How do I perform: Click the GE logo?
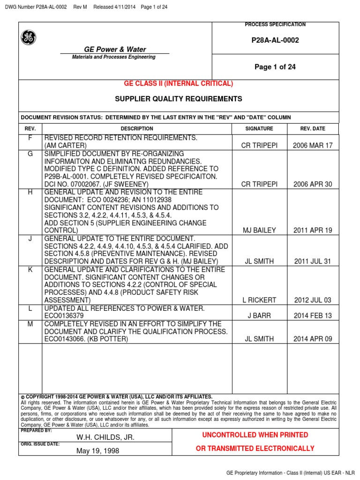(x=29, y=37)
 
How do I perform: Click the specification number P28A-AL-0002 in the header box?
(x=275, y=40)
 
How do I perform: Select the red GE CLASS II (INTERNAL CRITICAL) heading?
(x=178, y=83)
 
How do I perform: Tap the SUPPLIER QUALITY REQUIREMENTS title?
(x=179, y=99)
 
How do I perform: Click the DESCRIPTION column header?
(x=137, y=128)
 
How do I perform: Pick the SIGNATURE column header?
(x=259, y=128)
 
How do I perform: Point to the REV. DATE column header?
(x=313, y=128)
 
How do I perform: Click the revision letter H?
(x=30, y=193)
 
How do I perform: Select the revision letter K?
(x=30, y=270)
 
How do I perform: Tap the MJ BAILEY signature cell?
(x=259, y=230)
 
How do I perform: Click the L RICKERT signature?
(x=259, y=300)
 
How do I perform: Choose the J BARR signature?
(x=259, y=315)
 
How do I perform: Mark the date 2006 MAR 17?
(x=313, y=145)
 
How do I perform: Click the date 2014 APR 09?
(x=313, y=338)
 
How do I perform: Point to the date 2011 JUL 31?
(x=313, y=262)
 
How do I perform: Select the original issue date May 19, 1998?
(x=98, y=451)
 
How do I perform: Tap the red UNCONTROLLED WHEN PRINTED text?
(x=255, y=435)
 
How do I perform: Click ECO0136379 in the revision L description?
(x=64, y=315)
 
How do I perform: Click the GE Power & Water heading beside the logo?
(x=115, y=49)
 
